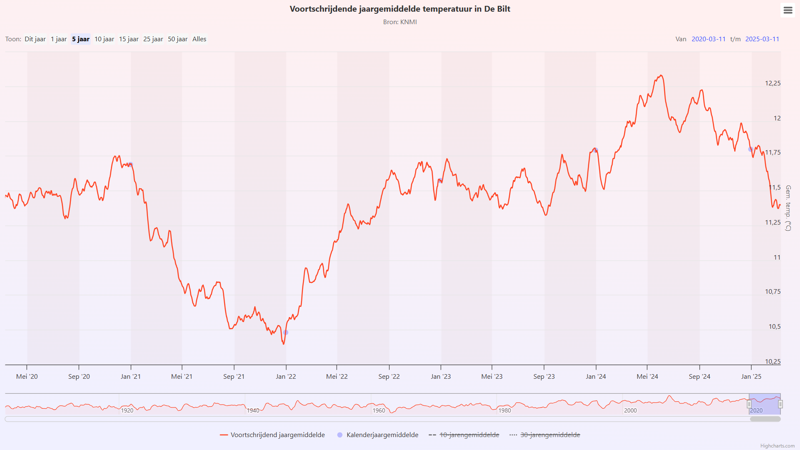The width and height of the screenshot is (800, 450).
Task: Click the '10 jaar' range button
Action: click(x=104, y=39)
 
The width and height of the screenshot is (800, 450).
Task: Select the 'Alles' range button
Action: click(x=199, y=39)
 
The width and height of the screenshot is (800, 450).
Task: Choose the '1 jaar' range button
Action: click(x=59, y=39)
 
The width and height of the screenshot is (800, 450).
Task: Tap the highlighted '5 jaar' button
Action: click(x=80, y=39)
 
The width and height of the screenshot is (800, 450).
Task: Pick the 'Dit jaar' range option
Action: click(x=35, y=39)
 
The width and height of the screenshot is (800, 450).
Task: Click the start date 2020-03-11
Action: click(x=708, y=39)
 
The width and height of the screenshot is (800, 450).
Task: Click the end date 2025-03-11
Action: click(x=762, y=39)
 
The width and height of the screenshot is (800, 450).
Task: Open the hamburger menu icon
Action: click(x=787, y=10)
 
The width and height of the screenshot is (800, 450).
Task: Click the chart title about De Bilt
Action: click(x=400, y=9)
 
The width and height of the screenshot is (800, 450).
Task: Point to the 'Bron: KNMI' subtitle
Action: click(x=400, y=22)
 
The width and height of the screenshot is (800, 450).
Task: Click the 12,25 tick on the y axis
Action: click(x=772, y=83)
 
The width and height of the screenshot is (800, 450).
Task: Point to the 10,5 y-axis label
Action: click(x=774, y=327)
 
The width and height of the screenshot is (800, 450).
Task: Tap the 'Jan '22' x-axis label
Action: click(x=286, y=377)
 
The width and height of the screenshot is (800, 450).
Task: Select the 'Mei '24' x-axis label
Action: click(x=647, y=377)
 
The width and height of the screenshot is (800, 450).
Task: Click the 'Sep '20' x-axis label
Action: click(x=79, y=377)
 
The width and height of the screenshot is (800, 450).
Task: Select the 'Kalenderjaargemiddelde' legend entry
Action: click(x=382, y=435)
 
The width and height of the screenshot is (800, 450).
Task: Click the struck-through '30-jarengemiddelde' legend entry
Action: click(x=550, y=435)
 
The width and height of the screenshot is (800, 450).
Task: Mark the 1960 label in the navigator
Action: click(x=379, y=411)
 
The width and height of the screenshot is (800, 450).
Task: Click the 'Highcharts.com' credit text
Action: click(x=777, y=446)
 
